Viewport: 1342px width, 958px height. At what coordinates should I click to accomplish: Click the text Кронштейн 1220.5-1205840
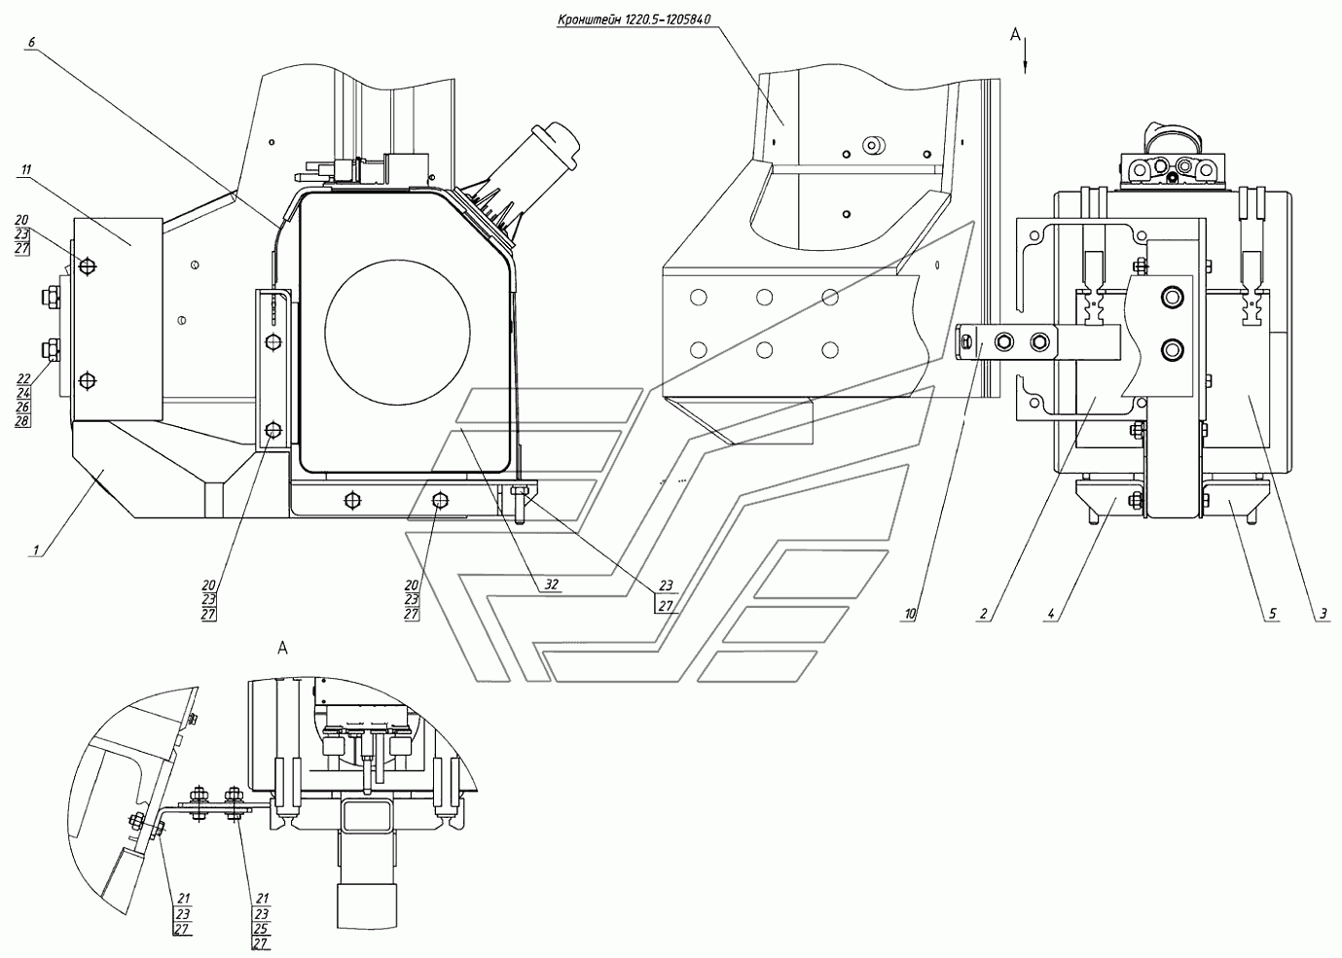point(634,19)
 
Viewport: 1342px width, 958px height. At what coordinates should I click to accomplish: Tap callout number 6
point(32,42)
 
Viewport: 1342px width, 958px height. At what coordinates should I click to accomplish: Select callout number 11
point(25,169)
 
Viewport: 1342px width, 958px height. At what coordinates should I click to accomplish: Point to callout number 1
point(37,549)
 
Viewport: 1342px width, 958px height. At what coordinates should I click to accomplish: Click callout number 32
point(551,584)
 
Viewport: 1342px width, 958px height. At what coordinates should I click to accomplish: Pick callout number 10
point(910,613)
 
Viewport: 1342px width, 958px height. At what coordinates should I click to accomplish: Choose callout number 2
point(983,613)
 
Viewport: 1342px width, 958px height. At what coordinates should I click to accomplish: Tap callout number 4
point(1051,613)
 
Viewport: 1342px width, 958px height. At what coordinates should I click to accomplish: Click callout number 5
point(1273,613)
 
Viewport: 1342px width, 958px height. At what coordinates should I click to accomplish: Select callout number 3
point(1323,613)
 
